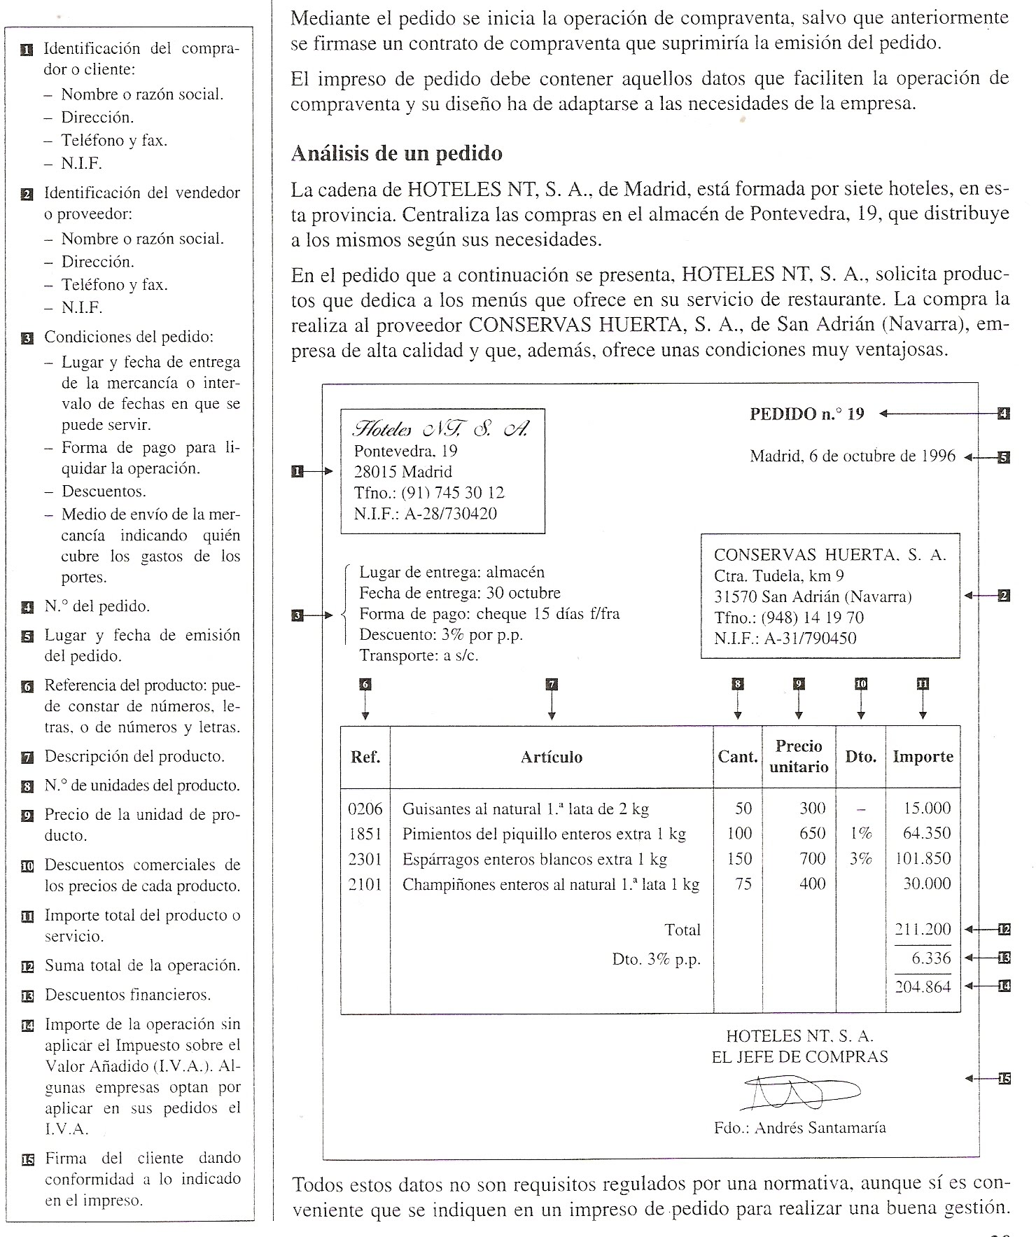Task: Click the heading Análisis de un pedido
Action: pos(396,153)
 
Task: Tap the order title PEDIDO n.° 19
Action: pos(806,414)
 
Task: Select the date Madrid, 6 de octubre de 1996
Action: pos(852,456)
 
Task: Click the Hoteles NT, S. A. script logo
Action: pos(441,428)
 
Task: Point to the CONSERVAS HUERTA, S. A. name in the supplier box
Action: pos(829,555)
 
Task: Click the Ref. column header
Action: pos(365,757)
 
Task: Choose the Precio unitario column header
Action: pos(799,757)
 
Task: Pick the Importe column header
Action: pos(923,757)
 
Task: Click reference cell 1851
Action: pos(365,834)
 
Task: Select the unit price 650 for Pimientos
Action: pos(812,834)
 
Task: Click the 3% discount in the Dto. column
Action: pos(861,859)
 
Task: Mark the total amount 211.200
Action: pos(923,930)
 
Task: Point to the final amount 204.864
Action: pos(923,987)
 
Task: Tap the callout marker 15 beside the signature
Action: pos(1004,1079)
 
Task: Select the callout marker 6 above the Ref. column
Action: pos(365,685)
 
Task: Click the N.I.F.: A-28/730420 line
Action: pos(425,514)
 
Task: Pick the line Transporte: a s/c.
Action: pos(419,656)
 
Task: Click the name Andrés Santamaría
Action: pos(820,1128)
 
